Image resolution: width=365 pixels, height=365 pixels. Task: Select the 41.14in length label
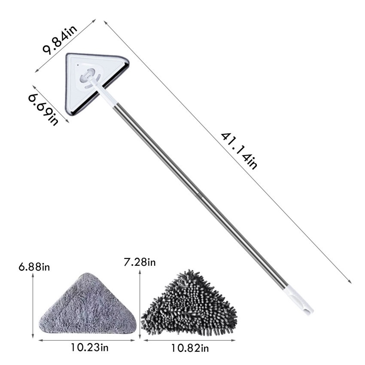[239, 151]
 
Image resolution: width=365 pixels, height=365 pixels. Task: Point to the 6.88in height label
[34, 267]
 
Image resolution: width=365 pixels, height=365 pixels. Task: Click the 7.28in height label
[140, 262]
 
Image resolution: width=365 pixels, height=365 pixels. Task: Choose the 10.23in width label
[90, 347]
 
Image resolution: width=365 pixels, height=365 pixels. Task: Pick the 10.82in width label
[190, 348]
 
